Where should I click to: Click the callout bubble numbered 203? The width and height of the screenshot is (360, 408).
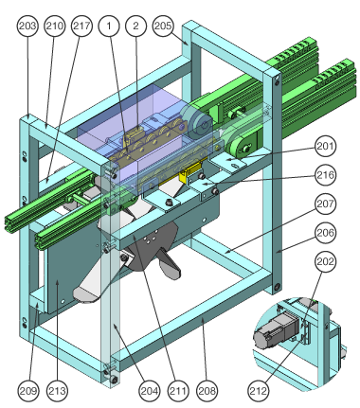pyautogui.click(x=27, y=26)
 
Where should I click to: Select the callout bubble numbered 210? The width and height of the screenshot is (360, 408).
pyautogui.click(x=55, y=26)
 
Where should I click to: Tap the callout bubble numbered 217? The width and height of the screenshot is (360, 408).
pyautogui.click(x=81, y=26)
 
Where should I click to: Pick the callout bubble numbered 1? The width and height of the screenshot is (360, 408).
pyautogui.click(x=109, y=26)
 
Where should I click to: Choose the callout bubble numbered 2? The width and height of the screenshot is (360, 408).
pyautogui.click(x=136, y=26)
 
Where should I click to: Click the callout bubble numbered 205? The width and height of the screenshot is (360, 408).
pyautogui.click(x=163, y=26)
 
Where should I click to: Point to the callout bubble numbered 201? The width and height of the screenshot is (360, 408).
pyautogui.click(x=325, y=146)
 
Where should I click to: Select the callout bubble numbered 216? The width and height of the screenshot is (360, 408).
pyautogui.click(x=325, y=175)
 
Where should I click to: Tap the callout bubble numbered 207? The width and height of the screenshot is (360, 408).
pyautogui.click(x=325, y=204)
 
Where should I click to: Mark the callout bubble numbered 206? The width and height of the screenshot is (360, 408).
pyautogui.click(x=325, y=233)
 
